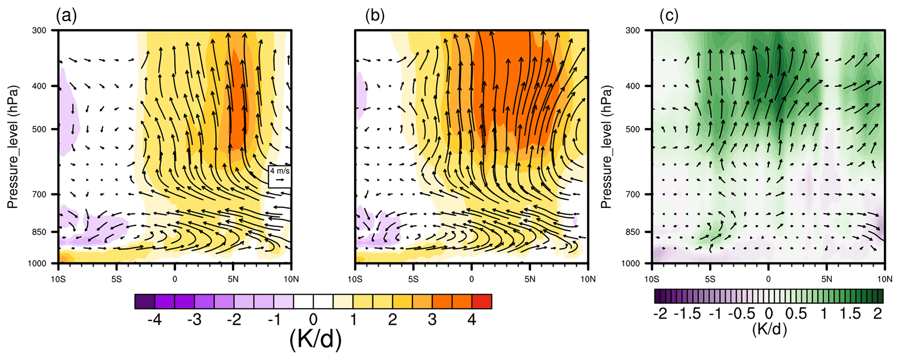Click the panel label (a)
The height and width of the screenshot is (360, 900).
click(66, 17)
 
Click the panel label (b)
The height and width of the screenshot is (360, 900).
click(375, 17)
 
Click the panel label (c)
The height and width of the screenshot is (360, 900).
click(669, 17)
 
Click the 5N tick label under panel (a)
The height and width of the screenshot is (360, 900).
click(233, 279)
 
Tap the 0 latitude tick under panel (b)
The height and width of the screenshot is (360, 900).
click(472, 279)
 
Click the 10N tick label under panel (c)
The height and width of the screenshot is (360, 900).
click(884, 279)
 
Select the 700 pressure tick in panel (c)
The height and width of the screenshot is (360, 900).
click(633, 194)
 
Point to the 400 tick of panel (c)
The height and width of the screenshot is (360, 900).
click(633, 86)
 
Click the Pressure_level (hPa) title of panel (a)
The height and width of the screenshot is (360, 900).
click(13, 147)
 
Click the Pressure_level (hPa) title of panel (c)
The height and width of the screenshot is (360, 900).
click(606, 147)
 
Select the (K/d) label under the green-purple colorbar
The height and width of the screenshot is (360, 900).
click(769, 330)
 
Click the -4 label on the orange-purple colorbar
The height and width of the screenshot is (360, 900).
click(155, 320)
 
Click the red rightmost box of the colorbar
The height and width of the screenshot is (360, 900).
click(482, 301)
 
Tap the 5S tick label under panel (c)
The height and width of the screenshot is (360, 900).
click(710, 279)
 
